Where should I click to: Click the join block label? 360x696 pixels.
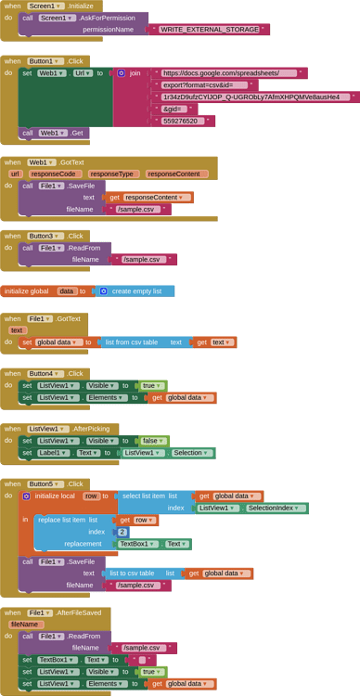(135, 72)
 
